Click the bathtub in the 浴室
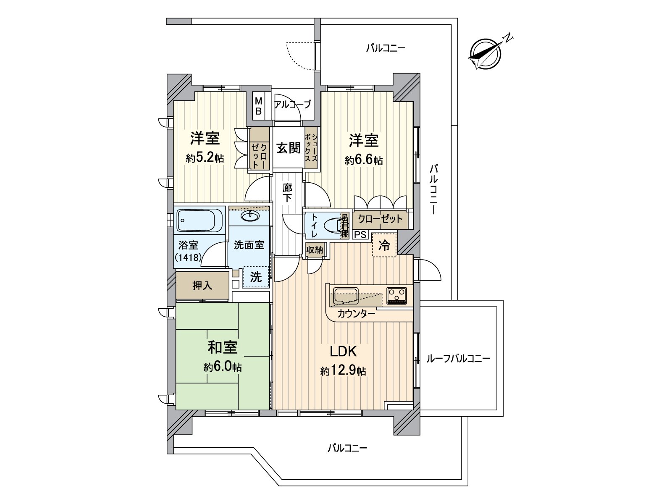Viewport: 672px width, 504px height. tap(199, 220)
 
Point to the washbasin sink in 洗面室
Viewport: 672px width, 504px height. tap(250, 216)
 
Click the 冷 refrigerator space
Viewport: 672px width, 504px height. tap(384, 245)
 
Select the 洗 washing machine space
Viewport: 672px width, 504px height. tap(256, 277)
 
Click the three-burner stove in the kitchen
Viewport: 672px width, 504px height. tap(396, 296)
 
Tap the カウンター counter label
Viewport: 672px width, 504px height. tap(356, 314)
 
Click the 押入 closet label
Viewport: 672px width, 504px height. tap(202, 286)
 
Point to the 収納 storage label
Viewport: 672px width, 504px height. tap(315, 250)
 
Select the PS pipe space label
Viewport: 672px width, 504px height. tap(361, 235)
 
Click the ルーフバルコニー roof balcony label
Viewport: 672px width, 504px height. tap(458, 359)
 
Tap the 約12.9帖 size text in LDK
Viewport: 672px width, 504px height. tap(343, 371)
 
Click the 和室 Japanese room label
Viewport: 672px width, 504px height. tap(223, 347)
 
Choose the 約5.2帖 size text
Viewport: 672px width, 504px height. tap(205, 158)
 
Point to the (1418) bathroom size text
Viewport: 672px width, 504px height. tap(188, 257)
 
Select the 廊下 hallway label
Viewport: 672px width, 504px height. tap(287, 193)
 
